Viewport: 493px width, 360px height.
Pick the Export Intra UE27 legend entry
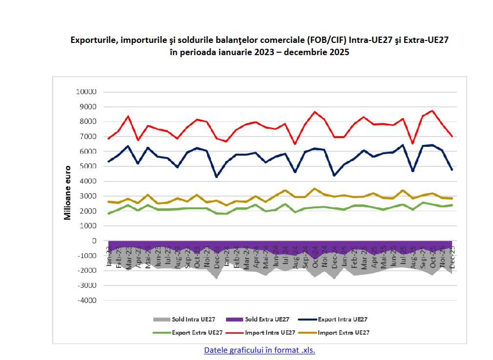pyautogui.click(x=342, y=320)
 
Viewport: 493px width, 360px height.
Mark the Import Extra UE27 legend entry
pyautogui.click(x=343, y=333)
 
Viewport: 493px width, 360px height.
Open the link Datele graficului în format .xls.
pyautogui.click(x=260, y=350)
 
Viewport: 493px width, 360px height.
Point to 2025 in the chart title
pyautogui.click(x=339, y=52)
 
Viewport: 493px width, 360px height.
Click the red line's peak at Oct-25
pyautogui.click(x=432, y=111)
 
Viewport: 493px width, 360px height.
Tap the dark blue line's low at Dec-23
pyautogui.click(x=216, y=177)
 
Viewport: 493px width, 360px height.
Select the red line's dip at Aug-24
pyautogui.click(x=295, y=143)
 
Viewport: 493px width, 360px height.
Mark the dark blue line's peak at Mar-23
pyautogui.click(x=128, y=146)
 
